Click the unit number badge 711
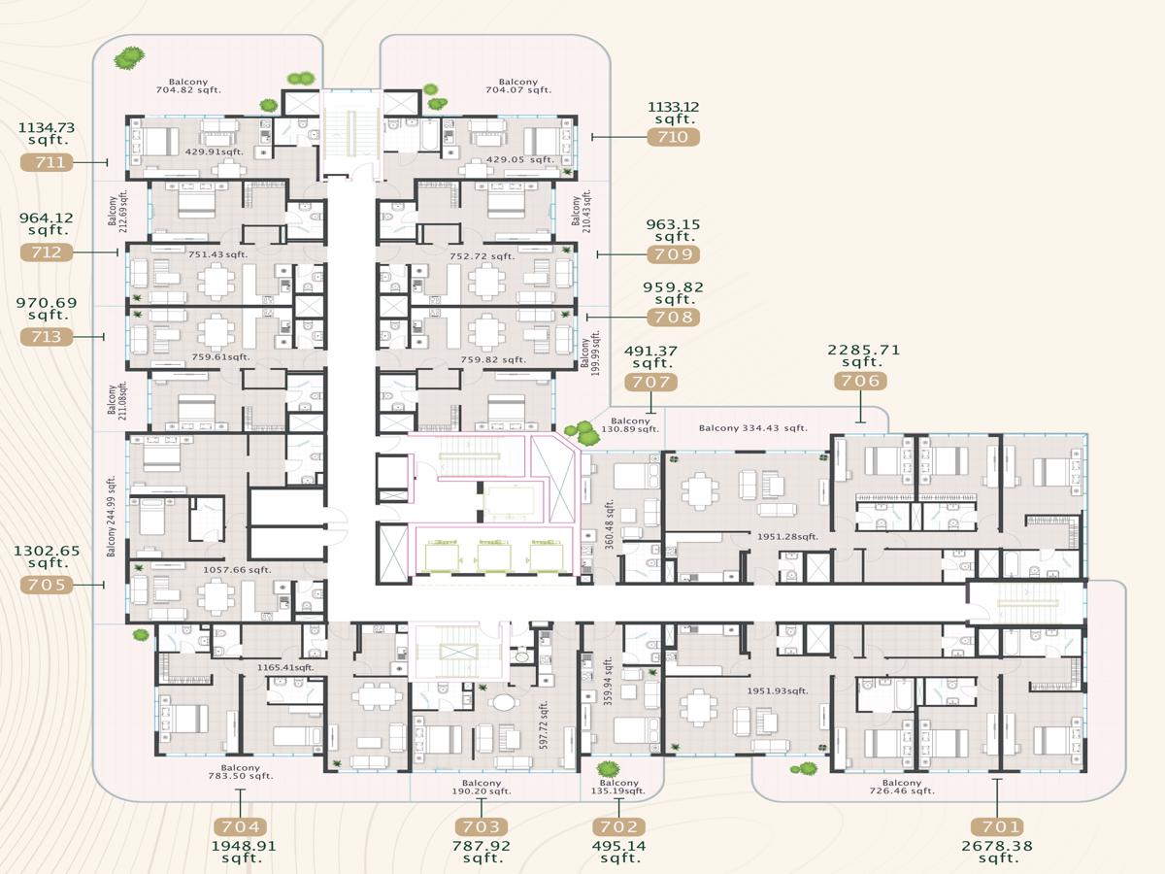point(47,162)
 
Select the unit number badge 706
point(860,381)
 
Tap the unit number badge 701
point(996,826)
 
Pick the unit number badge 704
point(241,826)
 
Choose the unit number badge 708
point(673,318)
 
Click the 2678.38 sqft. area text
point(996,852)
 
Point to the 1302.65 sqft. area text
point(47,556)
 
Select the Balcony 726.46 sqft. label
point(902,787)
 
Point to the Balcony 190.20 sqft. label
point(482,787)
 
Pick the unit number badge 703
point(482,826)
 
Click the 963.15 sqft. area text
point(673,230)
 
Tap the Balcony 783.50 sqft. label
point(241,770)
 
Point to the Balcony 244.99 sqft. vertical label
point(112,517)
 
